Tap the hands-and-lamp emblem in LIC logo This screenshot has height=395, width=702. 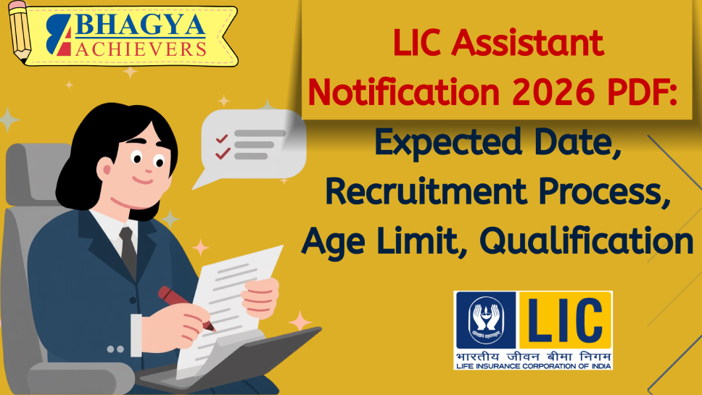point(484,320)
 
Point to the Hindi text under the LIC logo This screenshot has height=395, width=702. point(533,356)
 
